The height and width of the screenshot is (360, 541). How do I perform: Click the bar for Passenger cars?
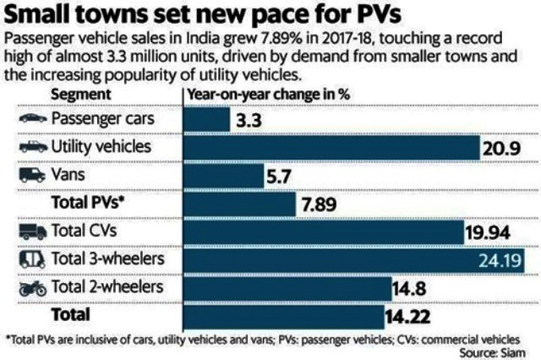208,117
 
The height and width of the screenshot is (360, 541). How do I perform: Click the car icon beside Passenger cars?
30,117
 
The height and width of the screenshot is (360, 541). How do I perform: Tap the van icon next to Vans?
30,175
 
